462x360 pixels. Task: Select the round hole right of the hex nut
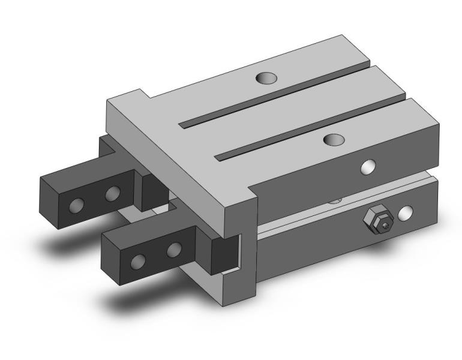point(407,212)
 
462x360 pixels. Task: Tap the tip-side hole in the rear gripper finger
point(76,206)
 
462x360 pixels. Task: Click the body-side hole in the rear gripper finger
point(112,194)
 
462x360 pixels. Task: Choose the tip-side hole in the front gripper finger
point(139,261)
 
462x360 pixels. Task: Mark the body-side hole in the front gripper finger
point(174,249)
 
